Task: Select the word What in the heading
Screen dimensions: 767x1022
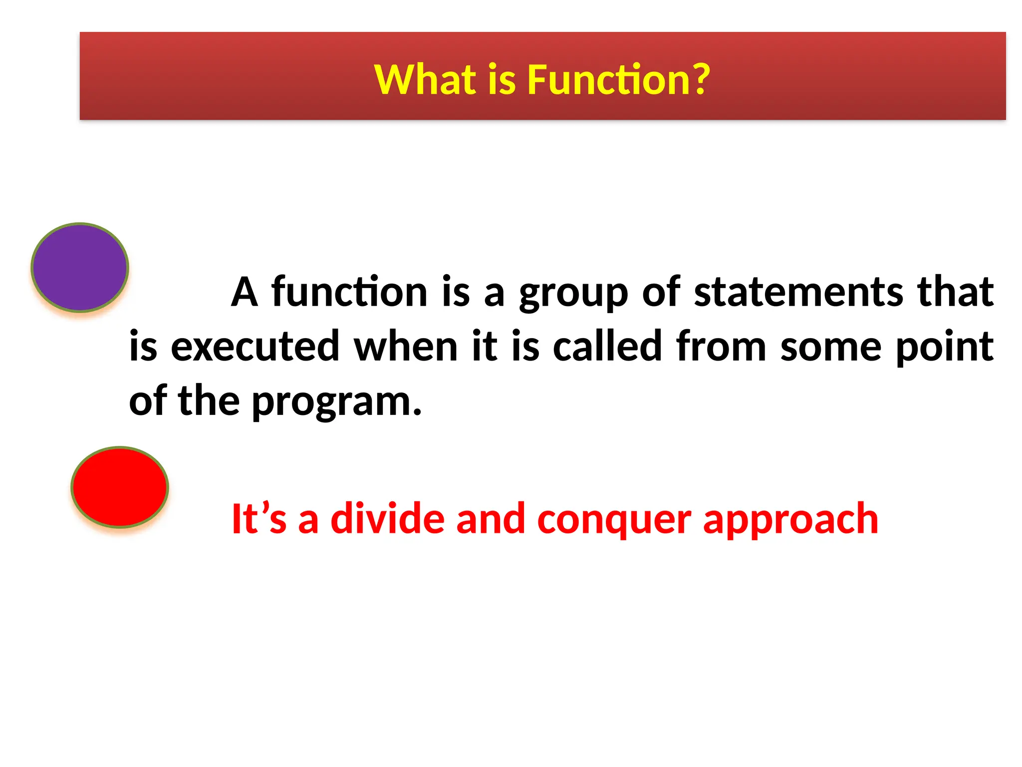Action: [x=425, y=80]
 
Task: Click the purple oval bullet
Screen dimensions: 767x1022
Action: [x=80, y=268]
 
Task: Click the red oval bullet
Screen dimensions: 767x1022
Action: [x=120, y=487]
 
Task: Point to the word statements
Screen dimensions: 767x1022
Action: [x=799, y=292]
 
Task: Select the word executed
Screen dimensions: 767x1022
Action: [x=255, y=347]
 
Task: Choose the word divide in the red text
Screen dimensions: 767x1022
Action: [x=387, y=519]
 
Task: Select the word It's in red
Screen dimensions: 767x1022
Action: [x=259, y=519]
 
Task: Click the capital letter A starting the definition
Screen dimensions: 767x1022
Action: [x=245, y=293]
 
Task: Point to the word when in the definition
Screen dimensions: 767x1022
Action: [x=406, y=347]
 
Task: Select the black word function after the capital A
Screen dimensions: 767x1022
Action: [x=349, y=292]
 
